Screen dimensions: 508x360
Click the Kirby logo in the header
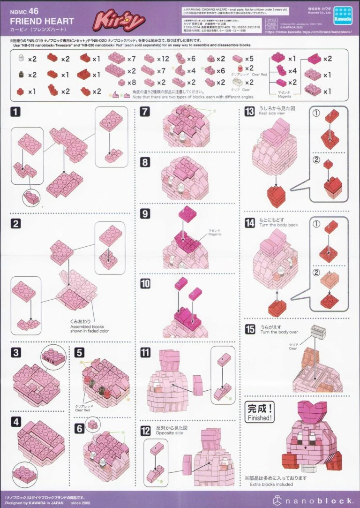pos(119,21)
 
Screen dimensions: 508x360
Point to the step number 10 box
pos(145,283)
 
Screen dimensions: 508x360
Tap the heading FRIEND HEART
pos(42,21)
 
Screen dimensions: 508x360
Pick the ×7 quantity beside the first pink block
pos(131,59)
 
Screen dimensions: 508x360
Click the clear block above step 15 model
pos(318,333)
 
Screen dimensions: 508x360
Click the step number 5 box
pos(79,352)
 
